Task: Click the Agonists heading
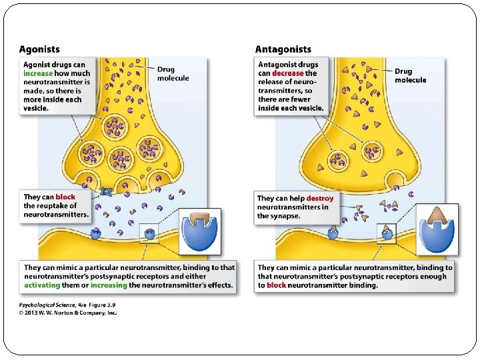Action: tap(39, 49)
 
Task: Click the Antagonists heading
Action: tap(283, 49)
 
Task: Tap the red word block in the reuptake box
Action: tap(65, 197)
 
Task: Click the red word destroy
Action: tap(320, 199)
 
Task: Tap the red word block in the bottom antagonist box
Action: tap(277, 285)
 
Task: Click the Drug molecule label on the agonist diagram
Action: tap(173, 74)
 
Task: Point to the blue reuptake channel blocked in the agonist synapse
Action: tap(105, 193)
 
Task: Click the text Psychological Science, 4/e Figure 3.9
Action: tap(67, 305)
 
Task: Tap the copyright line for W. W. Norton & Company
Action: tap(67, 313)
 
